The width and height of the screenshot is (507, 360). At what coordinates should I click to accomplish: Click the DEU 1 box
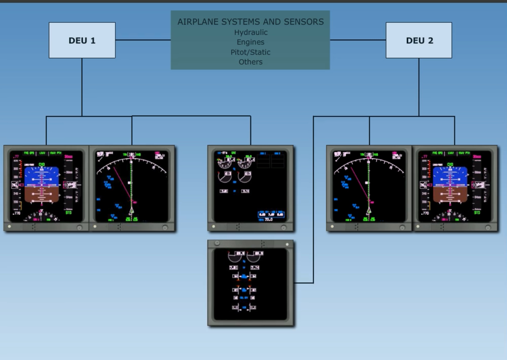pos(82,40)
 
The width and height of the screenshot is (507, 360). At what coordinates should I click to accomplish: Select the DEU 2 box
pos(419,40)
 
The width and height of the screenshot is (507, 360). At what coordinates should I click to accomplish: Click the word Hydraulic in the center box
pos(251,32)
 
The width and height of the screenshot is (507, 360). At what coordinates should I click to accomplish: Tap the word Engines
pos(250,42)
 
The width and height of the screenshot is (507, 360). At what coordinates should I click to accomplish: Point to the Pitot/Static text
pos(250,52)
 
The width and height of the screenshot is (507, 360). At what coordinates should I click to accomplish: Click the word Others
pos(250,62)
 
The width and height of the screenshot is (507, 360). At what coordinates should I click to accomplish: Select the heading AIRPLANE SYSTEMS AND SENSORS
pos(250,22)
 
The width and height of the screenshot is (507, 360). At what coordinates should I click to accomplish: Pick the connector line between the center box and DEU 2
pos(358,40)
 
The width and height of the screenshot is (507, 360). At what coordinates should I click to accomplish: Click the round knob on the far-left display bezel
pos(79,228)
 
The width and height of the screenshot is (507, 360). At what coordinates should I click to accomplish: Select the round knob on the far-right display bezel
pos(488,228)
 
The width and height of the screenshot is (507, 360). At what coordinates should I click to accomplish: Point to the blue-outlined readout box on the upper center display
pos(271,214)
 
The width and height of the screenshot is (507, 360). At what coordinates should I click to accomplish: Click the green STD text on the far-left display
pos(69,213)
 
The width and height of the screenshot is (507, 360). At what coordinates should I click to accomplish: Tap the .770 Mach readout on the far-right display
pos(425,213)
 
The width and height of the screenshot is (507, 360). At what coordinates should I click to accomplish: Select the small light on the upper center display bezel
pos(213,227)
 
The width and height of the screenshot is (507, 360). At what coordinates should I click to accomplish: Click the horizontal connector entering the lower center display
pos(304,283)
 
